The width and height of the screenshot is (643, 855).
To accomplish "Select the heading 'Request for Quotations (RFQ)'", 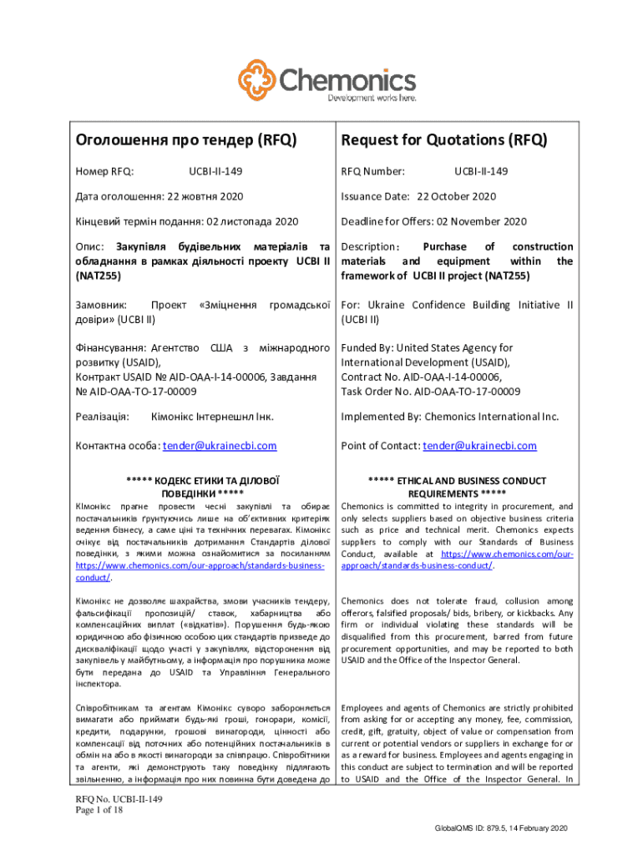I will pyautogui.click(x=443, y=140).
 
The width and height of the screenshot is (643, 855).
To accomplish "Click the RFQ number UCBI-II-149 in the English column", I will pyautogui.click(x=480, y=172).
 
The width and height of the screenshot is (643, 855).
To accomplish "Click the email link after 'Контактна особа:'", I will pyautogui.click(x=220, y=447).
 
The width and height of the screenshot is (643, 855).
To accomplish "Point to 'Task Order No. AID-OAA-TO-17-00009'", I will pyautogui.click(x=430, y=392).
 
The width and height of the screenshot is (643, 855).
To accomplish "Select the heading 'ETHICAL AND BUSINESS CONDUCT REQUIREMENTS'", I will pyautogui.click(x=457, y=487).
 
